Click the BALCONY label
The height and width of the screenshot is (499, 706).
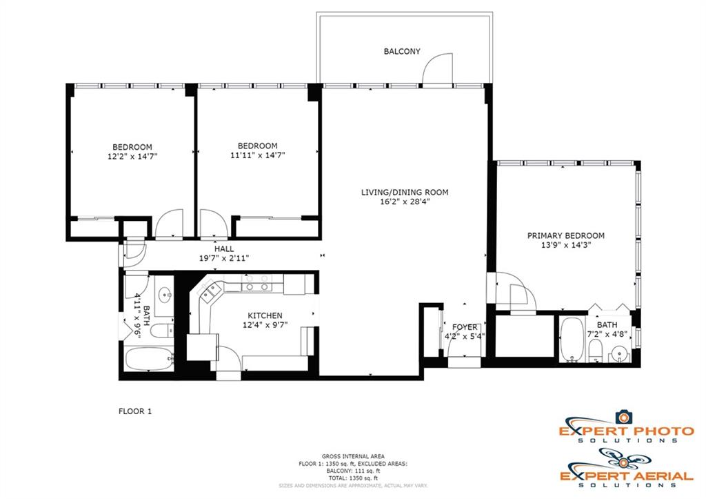[x=402, y=51]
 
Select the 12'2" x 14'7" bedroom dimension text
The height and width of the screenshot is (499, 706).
[x=132, y=157]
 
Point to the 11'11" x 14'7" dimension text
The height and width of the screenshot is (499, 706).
[x=258, y=155]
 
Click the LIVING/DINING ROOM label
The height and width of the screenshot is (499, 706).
[x=405, y=193]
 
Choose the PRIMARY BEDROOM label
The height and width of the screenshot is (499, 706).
[x=566, y=236]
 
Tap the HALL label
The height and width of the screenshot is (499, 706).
[x=224, y=249]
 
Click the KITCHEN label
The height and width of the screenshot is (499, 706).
[x=265, y=315]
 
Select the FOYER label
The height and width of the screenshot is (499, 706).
[x=465, y=327]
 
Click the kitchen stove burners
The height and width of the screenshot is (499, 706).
[x=257, y=283]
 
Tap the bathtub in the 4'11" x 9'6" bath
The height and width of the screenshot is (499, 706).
[x=149, y=360]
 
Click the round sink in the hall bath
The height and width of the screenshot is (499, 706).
[x=165, y=295]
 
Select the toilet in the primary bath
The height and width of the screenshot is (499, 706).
[x=595, y=351]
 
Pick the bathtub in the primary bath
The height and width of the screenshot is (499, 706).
[x=572, y=340]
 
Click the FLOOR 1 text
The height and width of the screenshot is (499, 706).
[x=135, y=411]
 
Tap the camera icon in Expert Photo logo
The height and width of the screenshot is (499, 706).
[x=623, y=417]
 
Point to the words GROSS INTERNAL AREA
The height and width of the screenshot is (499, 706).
[x=353, y=457]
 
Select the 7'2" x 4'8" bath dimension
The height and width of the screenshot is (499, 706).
[x=607, y=335]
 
